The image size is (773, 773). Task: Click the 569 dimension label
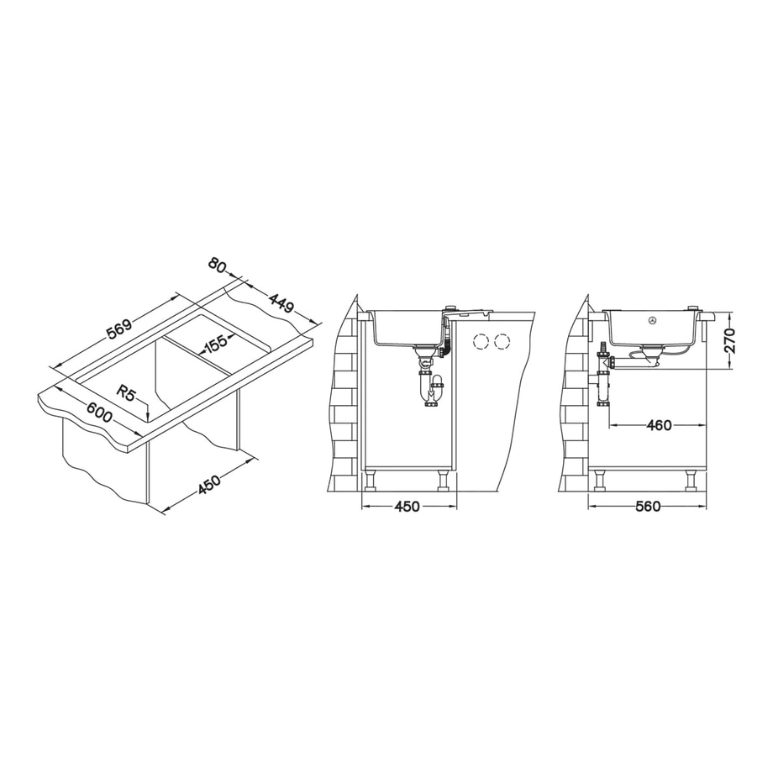click(x=120, y=329)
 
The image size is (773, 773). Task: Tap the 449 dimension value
click(x=281, y=302)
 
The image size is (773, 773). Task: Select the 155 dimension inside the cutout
click(x=215, y=344)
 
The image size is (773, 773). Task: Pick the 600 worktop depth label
click(x=100, y=413)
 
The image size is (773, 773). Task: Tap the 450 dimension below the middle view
click(x=408, y=507)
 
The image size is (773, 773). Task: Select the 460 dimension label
click(x=659, y=425)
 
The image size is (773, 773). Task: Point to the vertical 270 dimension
click(x=729, y=340)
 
